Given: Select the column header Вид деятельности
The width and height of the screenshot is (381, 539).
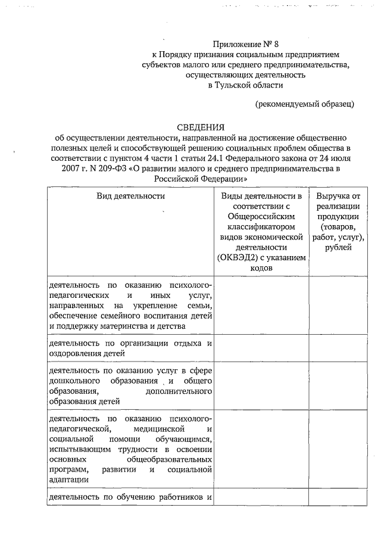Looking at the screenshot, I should (x=131, y=195).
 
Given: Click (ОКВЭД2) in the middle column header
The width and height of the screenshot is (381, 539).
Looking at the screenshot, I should (x=239, y=258).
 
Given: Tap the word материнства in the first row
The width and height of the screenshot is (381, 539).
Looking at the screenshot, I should (x=128, y=326).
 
